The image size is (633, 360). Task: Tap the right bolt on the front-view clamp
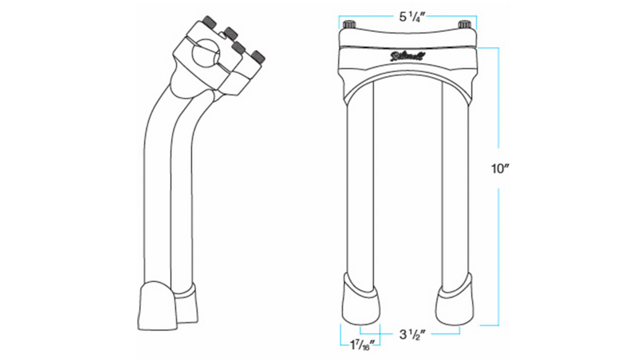[464, 25]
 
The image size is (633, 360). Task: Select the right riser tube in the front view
[454, 186]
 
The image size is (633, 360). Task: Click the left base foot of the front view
[360, 302]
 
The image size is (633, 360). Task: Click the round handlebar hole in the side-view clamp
[204, 56]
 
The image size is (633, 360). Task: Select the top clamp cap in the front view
[408, 36]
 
